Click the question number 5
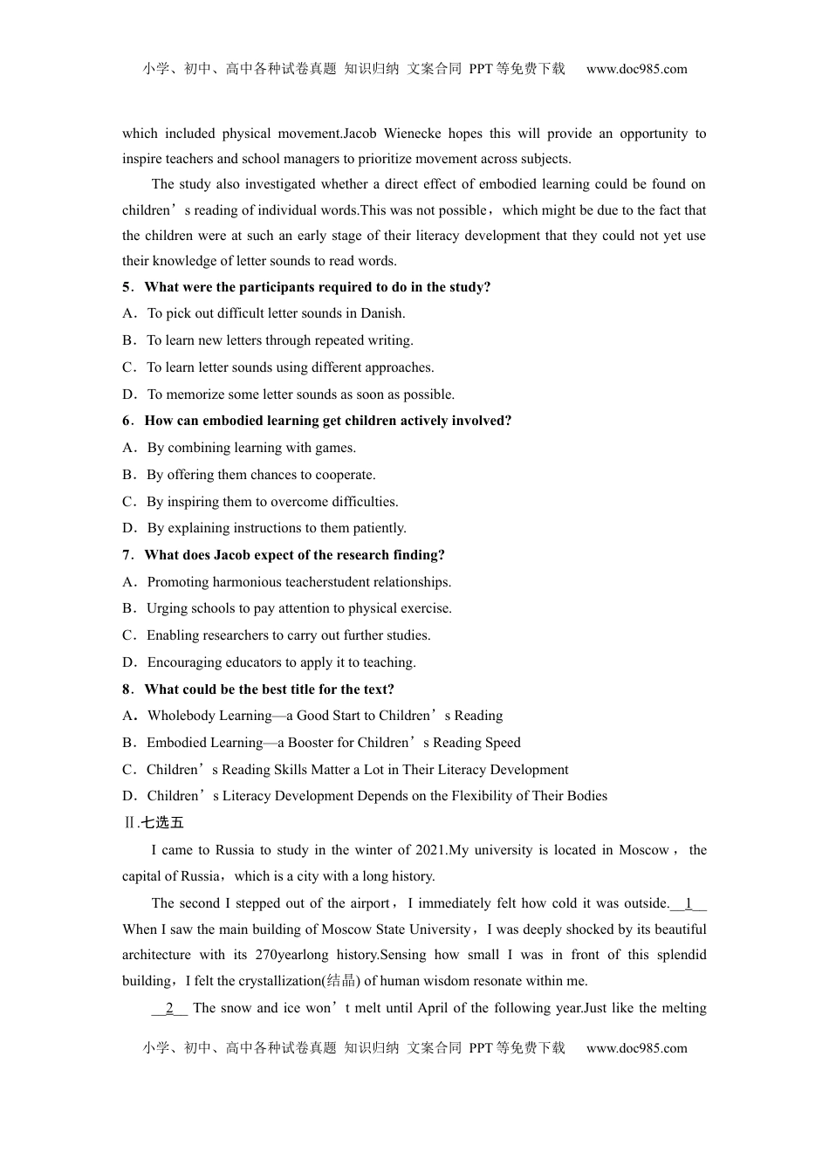pyautogui.click(x=127, y=287)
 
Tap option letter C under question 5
pyautogui.click(x=128, y=367)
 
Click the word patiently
pyautogui.click(x=380, y=528)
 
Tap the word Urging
pyautogui.click(x=167, y=608)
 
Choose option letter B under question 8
pyautogui.click(x=128, y=743)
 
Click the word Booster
pyautogui.click(x=310, y=743)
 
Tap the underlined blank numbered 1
pyautogui.click(x=689, y=903)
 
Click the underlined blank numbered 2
pyautogui.click(x=169, y=1008)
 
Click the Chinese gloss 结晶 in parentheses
pyautogui.click(x=340, y=981)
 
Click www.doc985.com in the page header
pyautogui.click(x=636, y=69)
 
